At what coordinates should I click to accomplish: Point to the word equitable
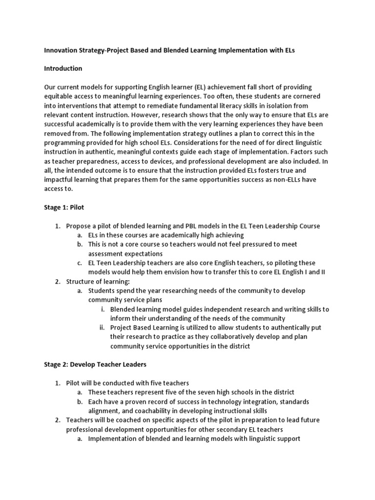tap(60, 96)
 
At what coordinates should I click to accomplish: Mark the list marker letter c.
tap(80, 263)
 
